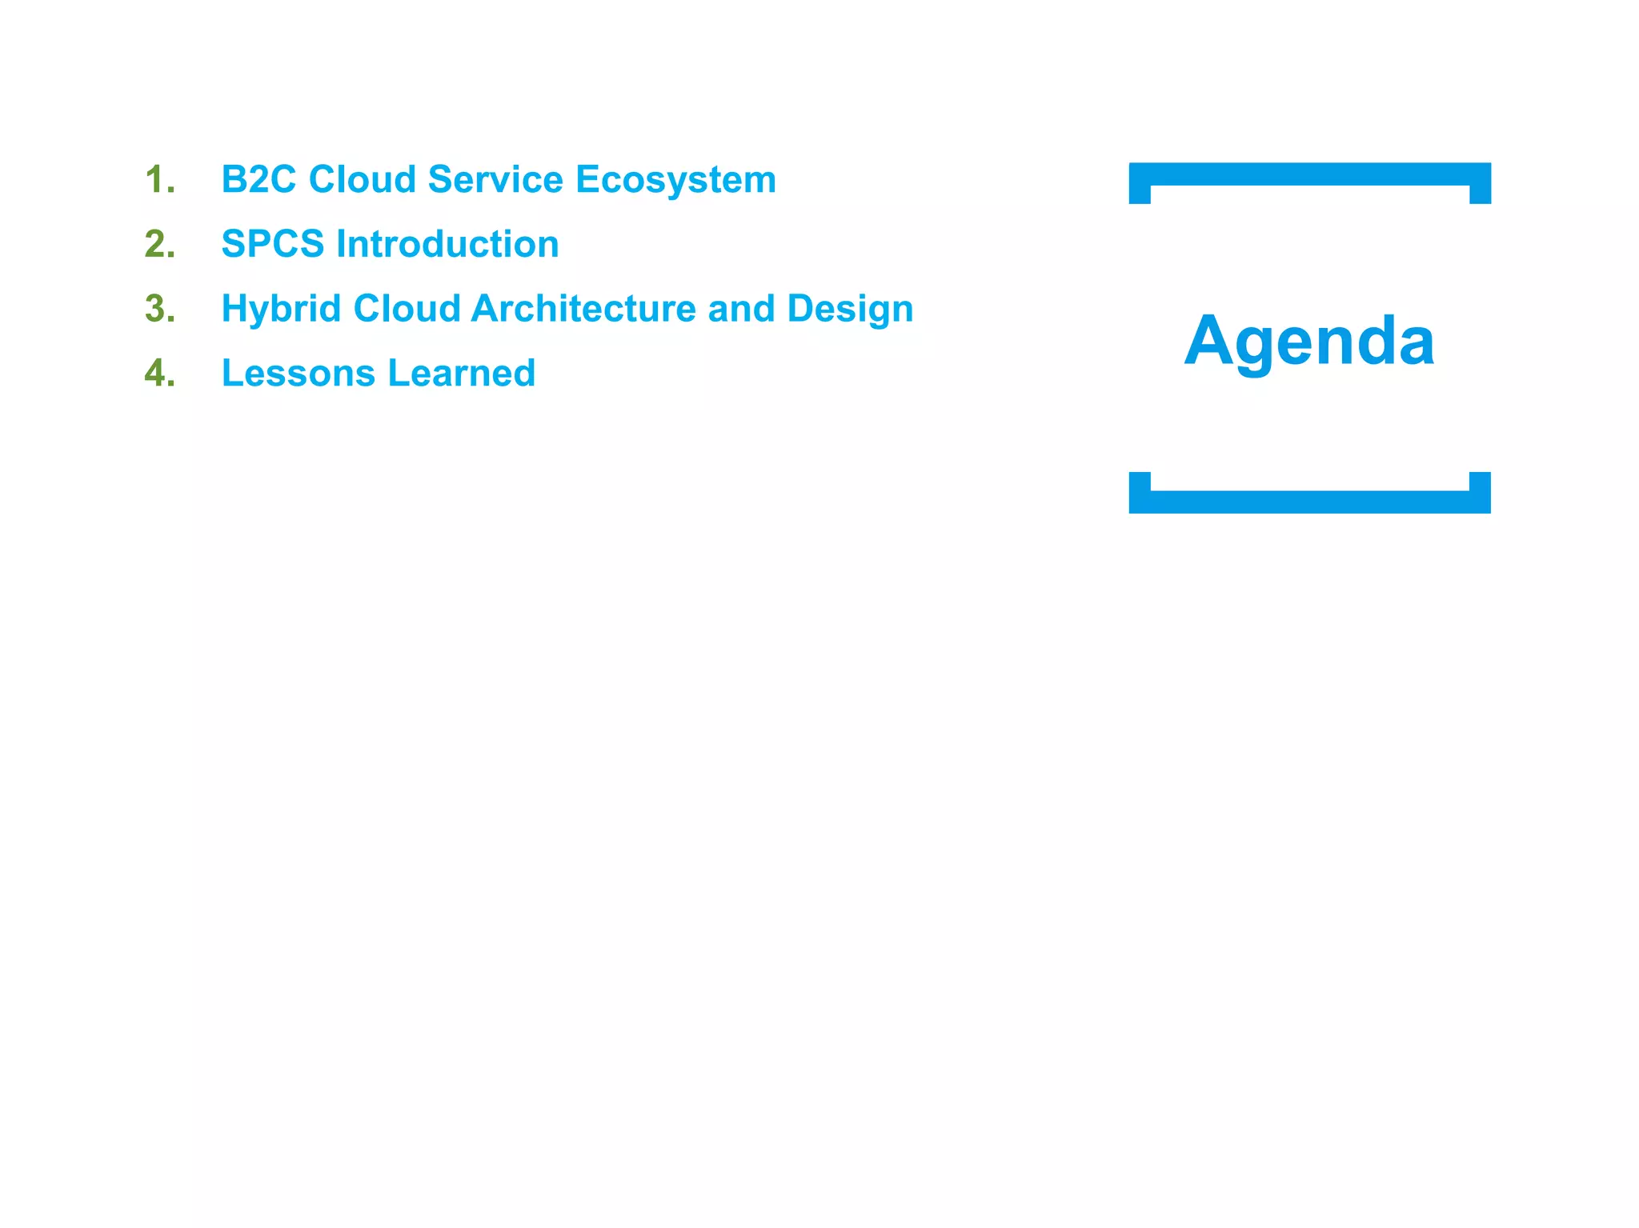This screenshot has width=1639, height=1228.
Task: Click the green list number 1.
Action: click(159, 179)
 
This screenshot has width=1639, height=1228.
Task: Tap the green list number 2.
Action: click(159, 244)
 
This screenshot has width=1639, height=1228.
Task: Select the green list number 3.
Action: click(159, 309)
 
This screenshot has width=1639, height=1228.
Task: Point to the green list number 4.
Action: click(159, 374)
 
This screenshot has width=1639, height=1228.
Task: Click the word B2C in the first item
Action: click(258, 179)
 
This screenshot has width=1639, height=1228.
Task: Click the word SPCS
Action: click(272, 244)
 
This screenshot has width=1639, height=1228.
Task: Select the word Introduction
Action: click(447, 244)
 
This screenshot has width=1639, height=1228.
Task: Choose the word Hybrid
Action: click(281, 310)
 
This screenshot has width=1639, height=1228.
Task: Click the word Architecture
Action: click(583, 309)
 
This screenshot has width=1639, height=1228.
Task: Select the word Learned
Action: click(462, 374)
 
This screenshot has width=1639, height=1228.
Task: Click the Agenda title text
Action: click(1309, 342)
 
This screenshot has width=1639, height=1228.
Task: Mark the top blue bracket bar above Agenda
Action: click(1309, 174)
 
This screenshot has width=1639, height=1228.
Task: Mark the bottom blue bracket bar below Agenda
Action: click(1309, 502)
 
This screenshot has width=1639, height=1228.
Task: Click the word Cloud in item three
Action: click(407, 309)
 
